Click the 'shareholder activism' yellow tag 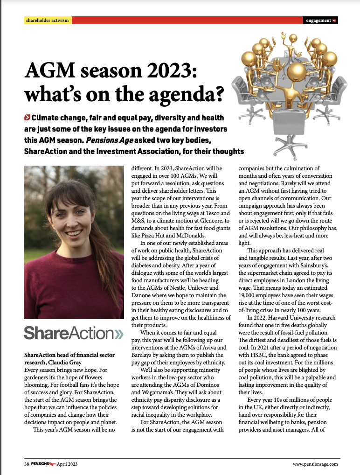pos(47,21)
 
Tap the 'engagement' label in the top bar pos(318,21)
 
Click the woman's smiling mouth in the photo pos(73,233)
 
